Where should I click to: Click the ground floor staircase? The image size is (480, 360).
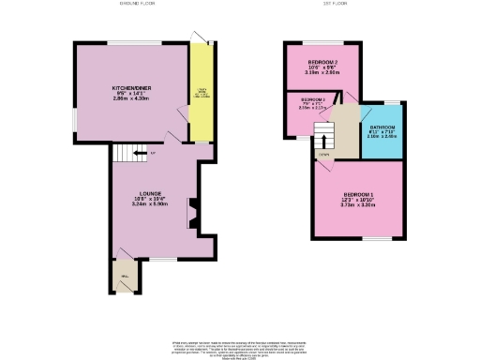142,154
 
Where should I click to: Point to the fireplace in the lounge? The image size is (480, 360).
191,213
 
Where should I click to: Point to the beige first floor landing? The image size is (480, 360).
348,127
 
